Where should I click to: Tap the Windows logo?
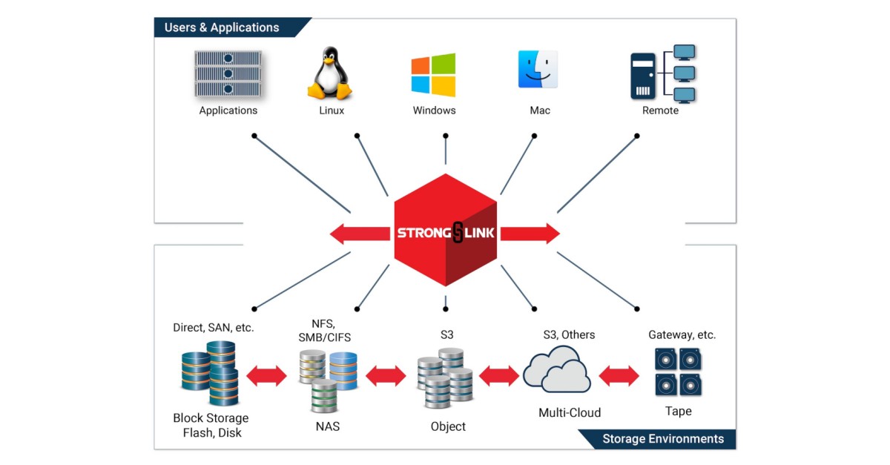coord(434,75)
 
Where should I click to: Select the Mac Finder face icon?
coord(538,70)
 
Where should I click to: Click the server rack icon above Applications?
coord(228,74)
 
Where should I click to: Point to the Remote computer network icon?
coord(662,73)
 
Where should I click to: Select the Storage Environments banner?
coord(662,438)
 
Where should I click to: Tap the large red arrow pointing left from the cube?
coord(360,234)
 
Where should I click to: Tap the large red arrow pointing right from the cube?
coord(530,234)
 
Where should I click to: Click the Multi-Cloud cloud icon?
coord(556,371)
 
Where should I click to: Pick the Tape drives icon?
coord(678,372)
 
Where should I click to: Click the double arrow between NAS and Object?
coord(386,376)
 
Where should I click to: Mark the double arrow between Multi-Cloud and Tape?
coord(619,375)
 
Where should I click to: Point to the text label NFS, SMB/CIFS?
coord(327,330)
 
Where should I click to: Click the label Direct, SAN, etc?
coord(213,327)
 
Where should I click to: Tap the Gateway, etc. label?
coord(682,334)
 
